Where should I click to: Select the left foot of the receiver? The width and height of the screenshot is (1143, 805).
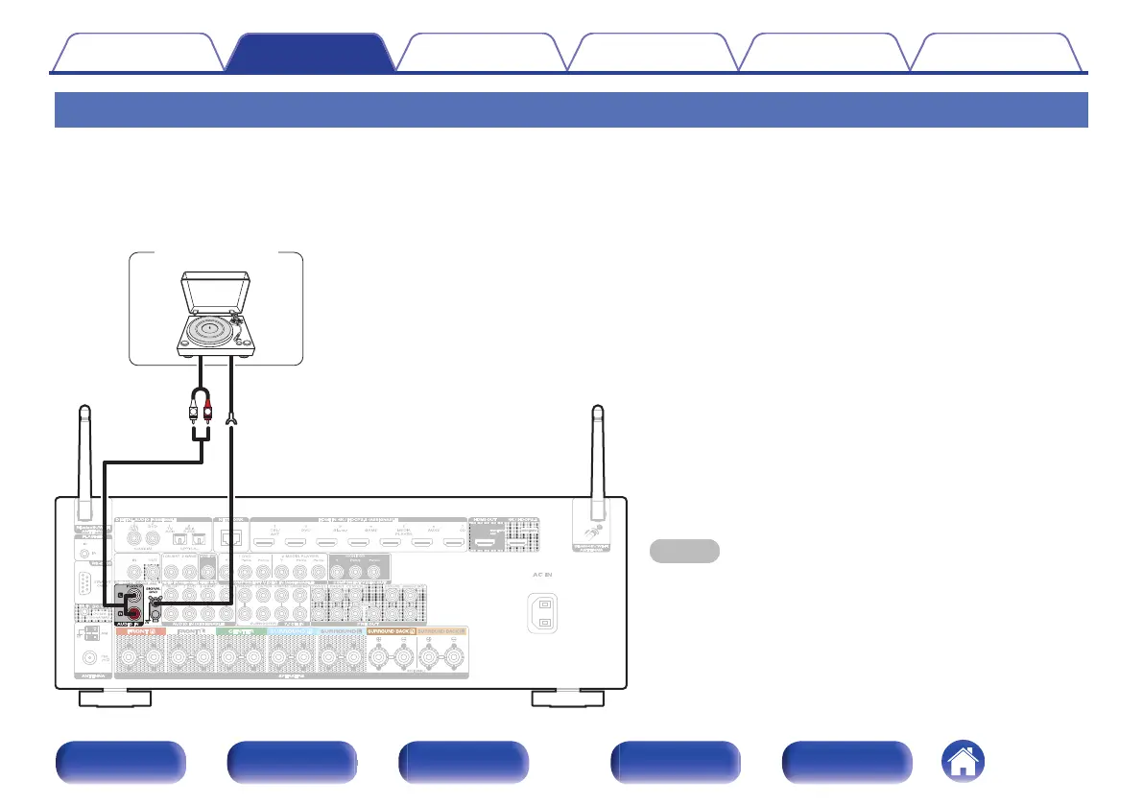[x=113, y=698]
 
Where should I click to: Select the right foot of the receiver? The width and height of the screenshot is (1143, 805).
[x=568, y=698]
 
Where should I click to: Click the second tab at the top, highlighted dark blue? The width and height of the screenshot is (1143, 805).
[x=309, y=53]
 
